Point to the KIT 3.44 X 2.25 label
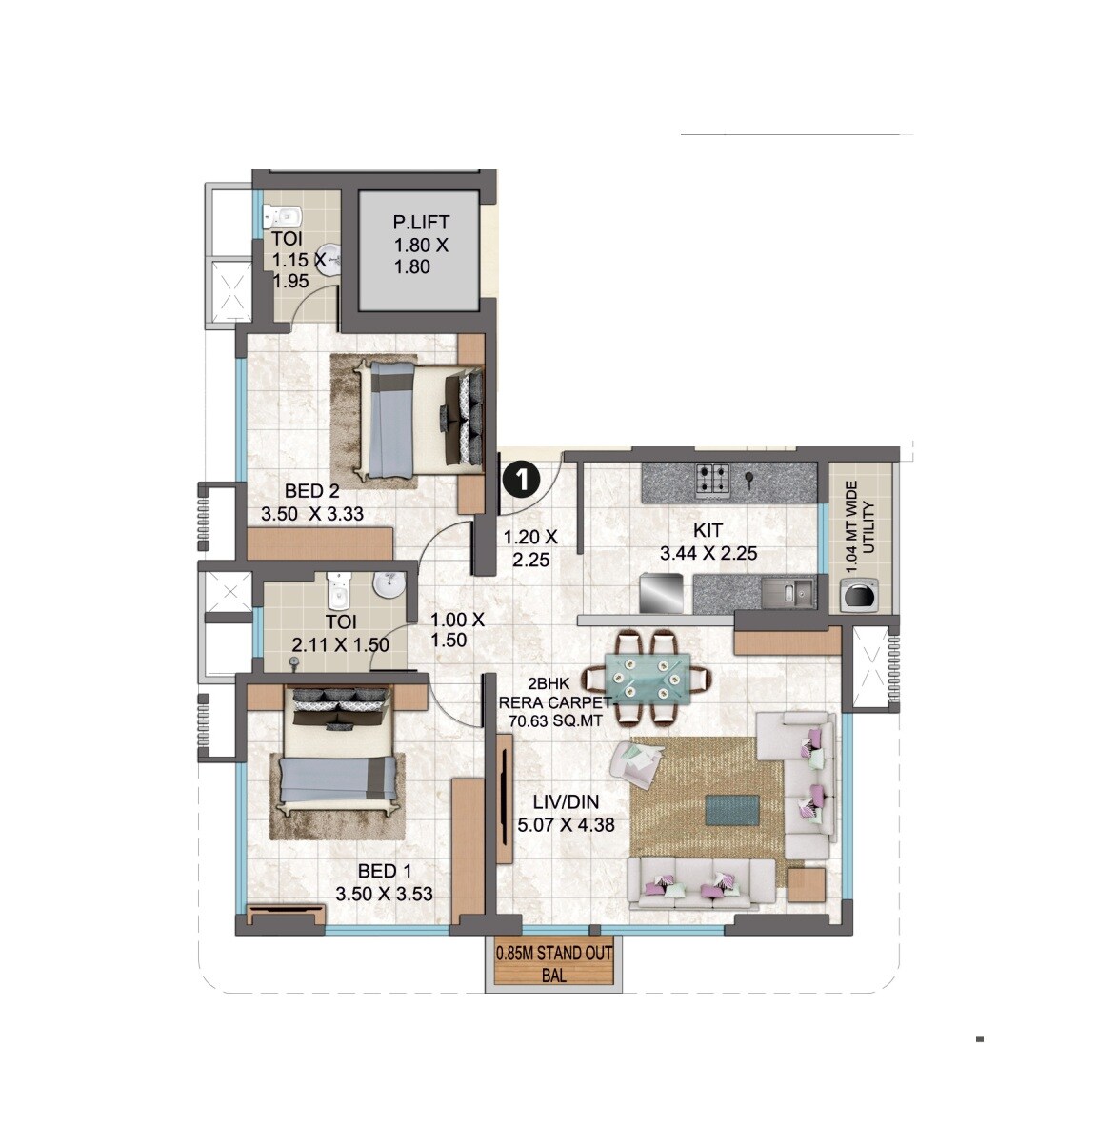(x=708, y=542)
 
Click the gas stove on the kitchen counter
(x=714, y=481)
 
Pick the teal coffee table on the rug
(x=732, y=810)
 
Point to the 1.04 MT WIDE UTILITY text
(x=860, y=525)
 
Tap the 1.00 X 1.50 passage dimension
(x=458, y=629)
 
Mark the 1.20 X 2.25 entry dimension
(x=530, y=549)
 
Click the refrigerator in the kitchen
(x=663, y=595)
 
